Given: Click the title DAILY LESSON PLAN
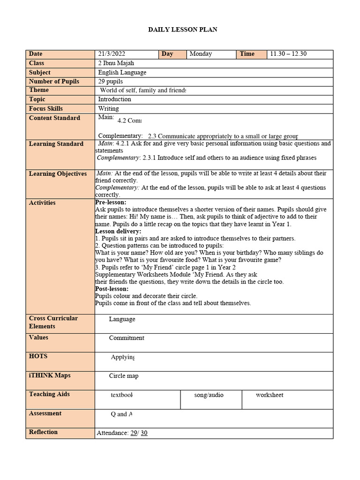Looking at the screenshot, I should coord(183,30).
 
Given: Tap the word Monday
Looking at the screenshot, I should coord(201,54).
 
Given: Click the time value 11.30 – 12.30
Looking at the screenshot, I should coord(288,54).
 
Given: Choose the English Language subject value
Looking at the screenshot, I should coord(122,73).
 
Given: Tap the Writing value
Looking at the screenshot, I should coord(108,108).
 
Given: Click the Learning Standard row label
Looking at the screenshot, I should coord(56,144).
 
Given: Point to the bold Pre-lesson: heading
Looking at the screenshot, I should coord(111,202).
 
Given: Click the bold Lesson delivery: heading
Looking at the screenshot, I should coord(118,232).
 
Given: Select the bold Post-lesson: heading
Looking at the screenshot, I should coord(112,289).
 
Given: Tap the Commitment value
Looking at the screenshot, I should coord(127,338).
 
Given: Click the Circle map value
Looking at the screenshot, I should coord(124,376).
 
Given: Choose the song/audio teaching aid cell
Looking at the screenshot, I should coord(209,395).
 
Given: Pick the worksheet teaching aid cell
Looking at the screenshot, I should coord(270,395).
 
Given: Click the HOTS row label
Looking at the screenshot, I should coord(38,356).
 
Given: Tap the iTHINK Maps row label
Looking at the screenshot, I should coord(50,375).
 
